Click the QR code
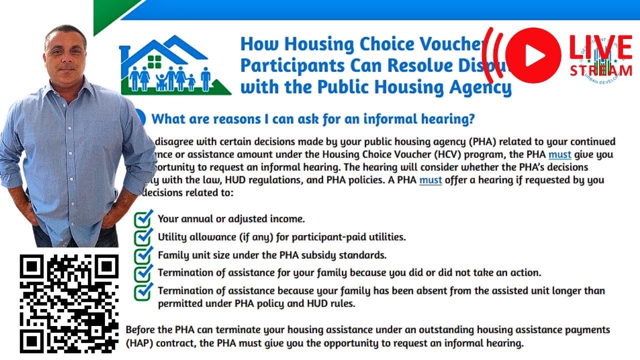pos(69,303)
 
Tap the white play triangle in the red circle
pos(534,55)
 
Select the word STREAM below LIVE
pos(601,70)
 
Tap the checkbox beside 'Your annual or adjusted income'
pos(143,218)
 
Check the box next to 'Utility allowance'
pos(143,236)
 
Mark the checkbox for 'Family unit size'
pos(143,254)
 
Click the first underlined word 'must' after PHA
pos(559,154)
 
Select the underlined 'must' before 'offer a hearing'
pos(430,179)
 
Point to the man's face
pos(65,52)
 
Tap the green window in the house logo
pos(154,61)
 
